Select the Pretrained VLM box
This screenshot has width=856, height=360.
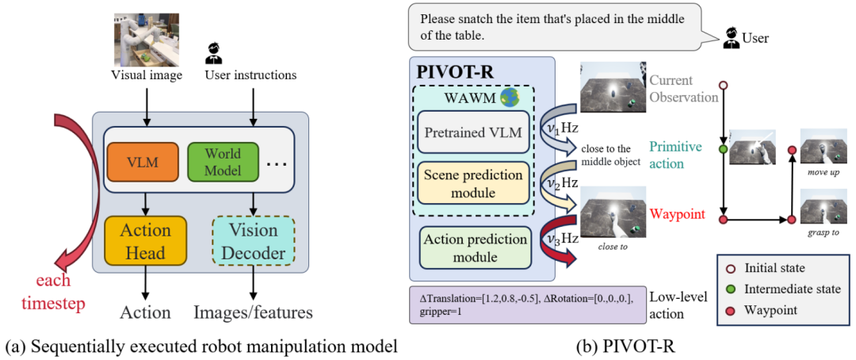[x=474, y=132]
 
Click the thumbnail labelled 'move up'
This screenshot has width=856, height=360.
[x=825, y=148]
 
